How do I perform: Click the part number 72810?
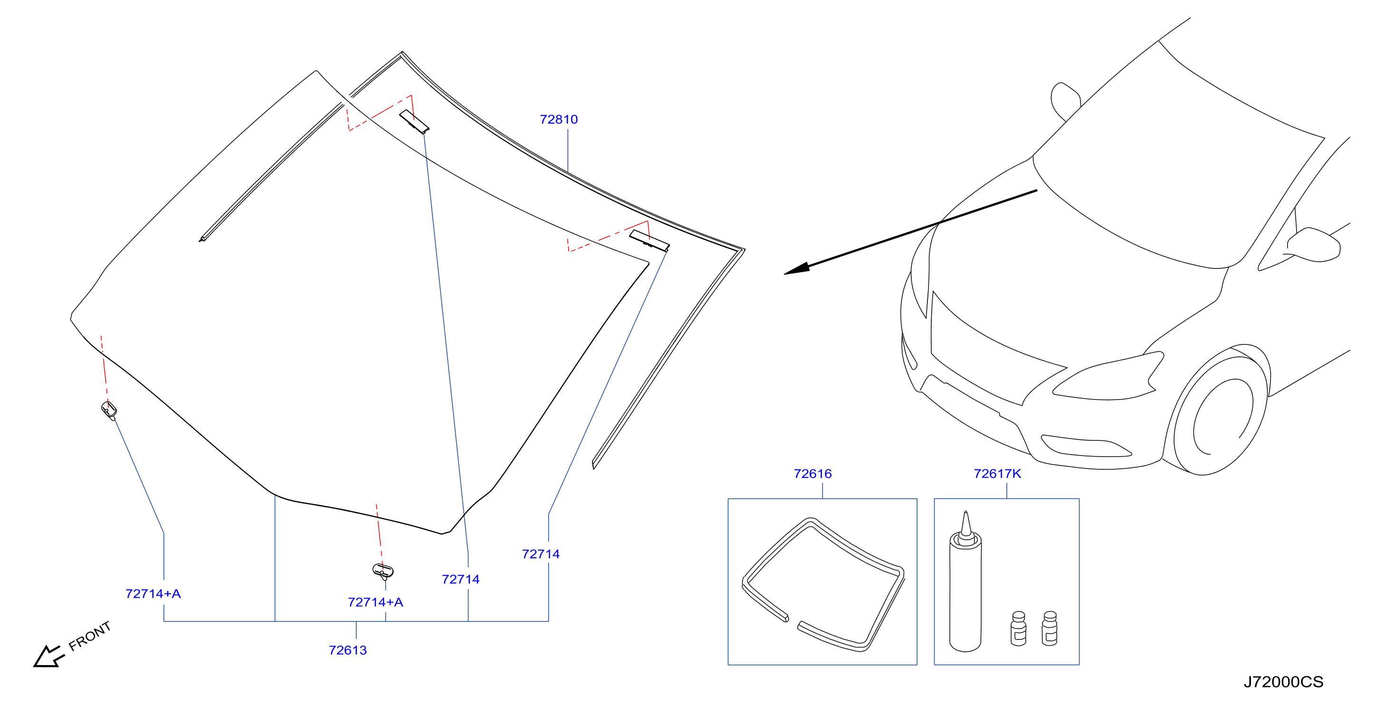pyautogui.click(x=559, y=119)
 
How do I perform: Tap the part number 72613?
pyautogui.click(x=348, y=650)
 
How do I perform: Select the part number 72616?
pyautogui.click(x=812, y=474)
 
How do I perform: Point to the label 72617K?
pyautogui.click(x=997, y=474)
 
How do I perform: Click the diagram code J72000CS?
pyautogui.click(x=1283, y=682)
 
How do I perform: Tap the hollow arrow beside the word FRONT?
pyautogui.click(x=48, y=656)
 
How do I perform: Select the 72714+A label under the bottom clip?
pyautogui.click(x=375, y=602)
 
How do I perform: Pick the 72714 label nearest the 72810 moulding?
pyautogui.click(x=541, y=554)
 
